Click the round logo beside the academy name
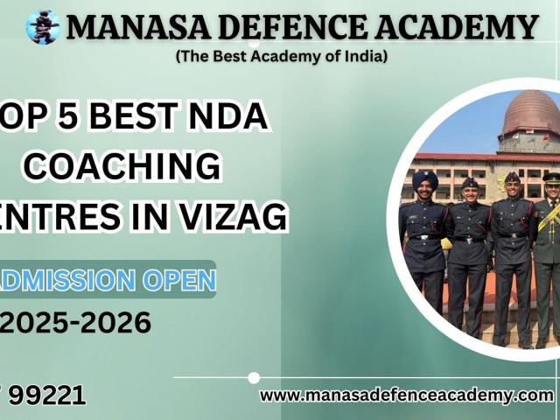click(43, 27)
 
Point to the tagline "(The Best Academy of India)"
click(281, 56)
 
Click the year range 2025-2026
click(76, 323)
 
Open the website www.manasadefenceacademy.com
click(406, 395)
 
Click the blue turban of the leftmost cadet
click(425, 179)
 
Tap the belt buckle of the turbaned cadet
click(425, 236)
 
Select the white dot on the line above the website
click(254, 378)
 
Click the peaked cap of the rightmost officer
click(552, 177)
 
